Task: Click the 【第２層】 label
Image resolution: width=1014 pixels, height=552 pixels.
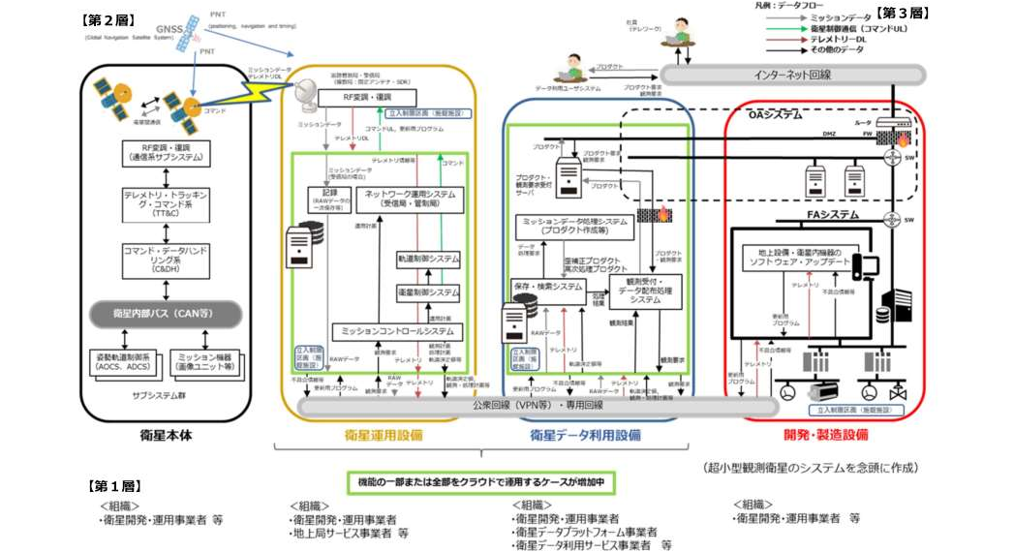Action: [108, 18]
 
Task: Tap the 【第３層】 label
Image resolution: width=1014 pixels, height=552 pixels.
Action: [902, 13]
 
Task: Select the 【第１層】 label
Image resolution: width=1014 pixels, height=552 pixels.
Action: [115, 485]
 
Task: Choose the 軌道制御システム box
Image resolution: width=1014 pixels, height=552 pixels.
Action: [427, 260]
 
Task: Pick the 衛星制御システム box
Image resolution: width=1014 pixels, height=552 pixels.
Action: [427, 291]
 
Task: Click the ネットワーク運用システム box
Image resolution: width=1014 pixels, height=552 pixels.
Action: [412, 199]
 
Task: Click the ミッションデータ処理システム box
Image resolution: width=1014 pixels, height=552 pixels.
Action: [575, 226]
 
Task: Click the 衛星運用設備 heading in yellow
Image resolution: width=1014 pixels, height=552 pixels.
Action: [383, 436]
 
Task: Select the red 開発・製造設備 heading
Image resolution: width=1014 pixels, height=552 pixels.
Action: [825, 436]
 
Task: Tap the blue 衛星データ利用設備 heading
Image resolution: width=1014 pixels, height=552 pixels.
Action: [585, 436]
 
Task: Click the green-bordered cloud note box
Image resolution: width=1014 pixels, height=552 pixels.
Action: [481, 481]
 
